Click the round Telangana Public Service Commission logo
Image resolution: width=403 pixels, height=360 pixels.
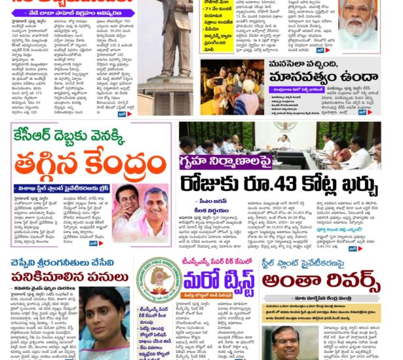tap(159, 279)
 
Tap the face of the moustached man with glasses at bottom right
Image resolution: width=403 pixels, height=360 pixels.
tap(291, 341)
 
